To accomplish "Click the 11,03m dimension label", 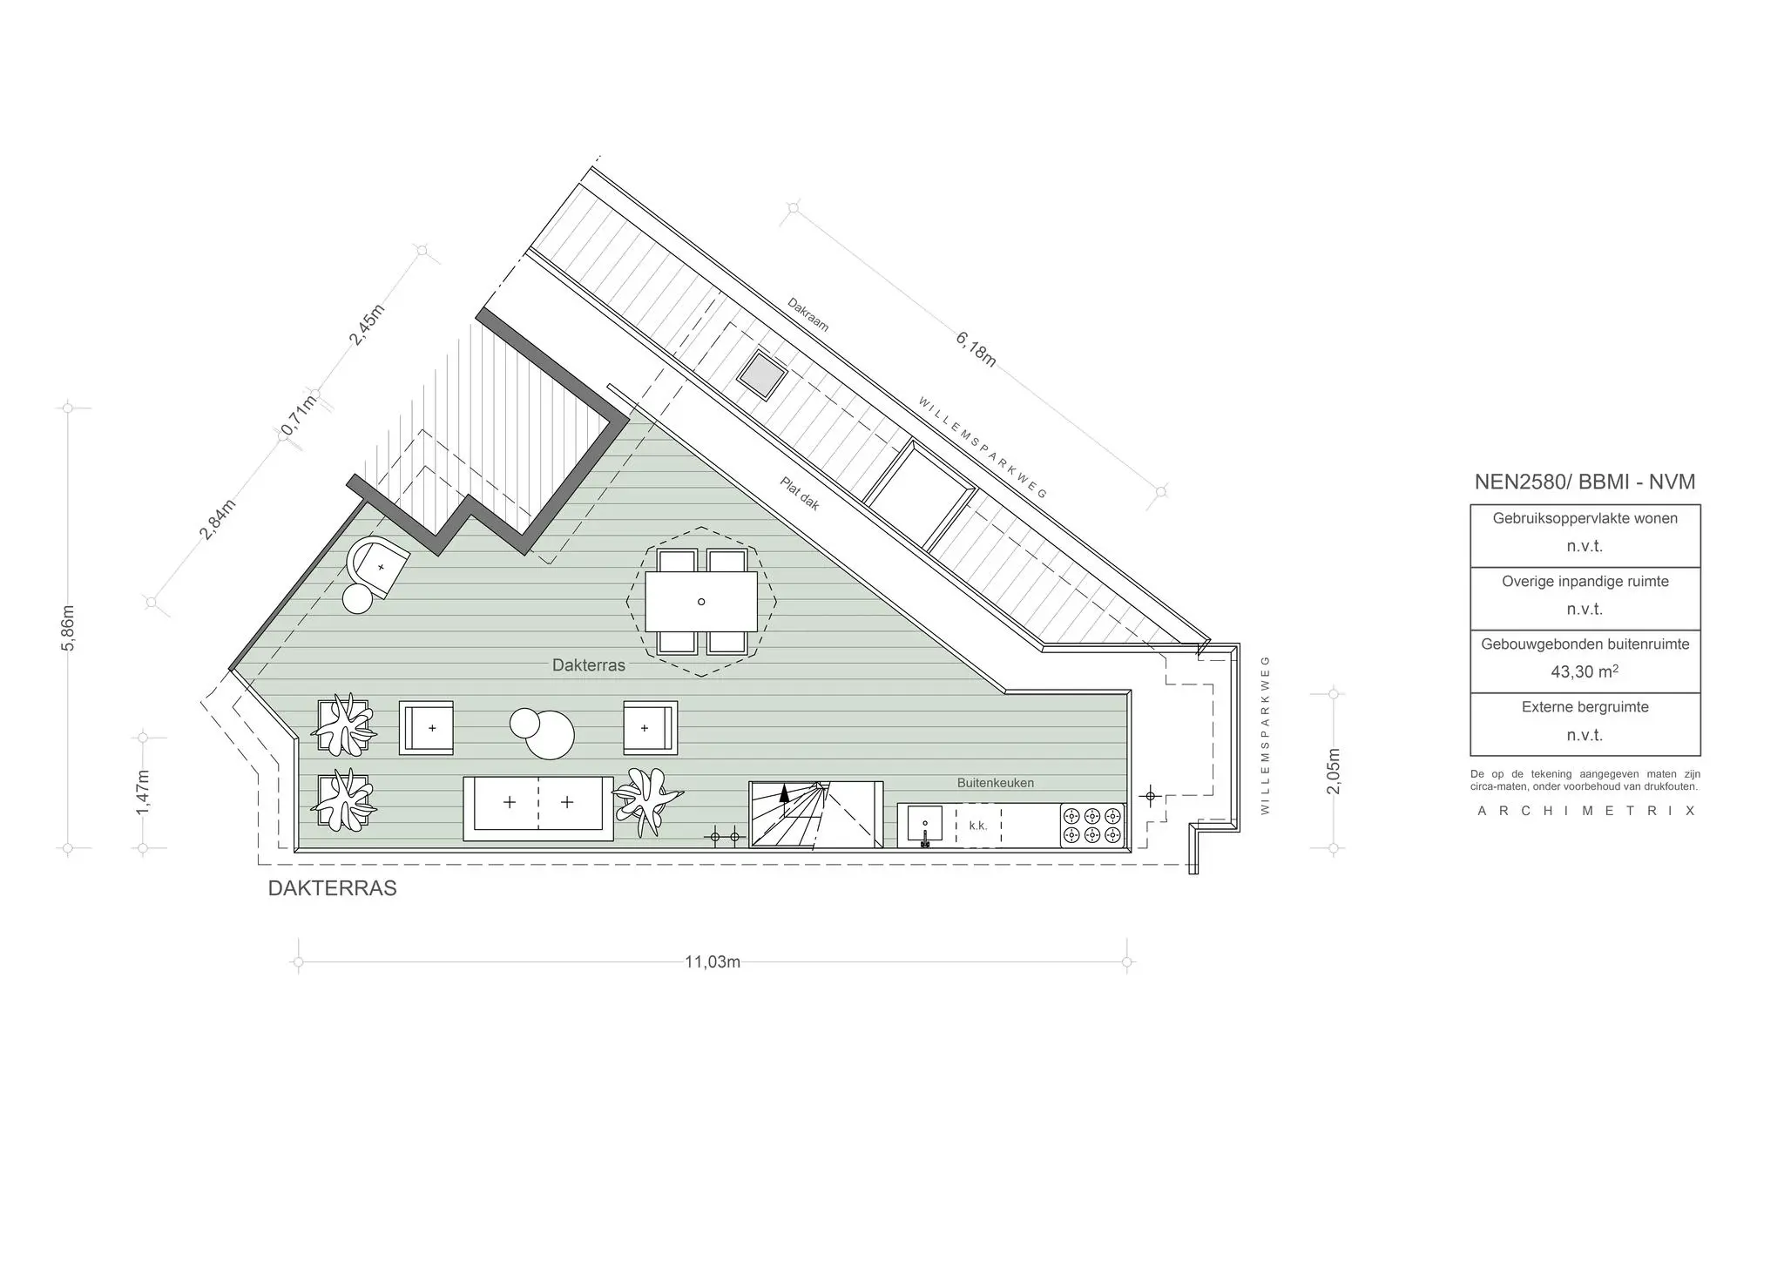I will [712, 962].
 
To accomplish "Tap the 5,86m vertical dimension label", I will [69, 627].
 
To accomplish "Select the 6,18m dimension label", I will [976, 348].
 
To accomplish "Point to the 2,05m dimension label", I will [1334, 771].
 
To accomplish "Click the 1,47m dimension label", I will [144, 792].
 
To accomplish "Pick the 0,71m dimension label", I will [298, 416].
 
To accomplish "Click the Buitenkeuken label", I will [995, 783].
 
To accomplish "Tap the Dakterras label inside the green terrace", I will [588, 665].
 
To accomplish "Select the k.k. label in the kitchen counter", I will [977, 826].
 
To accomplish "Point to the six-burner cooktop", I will [1092, 825].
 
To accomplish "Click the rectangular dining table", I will [701, 602].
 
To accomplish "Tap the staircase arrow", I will [785, 794].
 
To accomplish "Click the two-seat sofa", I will [537, 808].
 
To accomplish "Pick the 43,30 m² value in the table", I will [1585, 671].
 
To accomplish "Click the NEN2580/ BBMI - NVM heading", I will [1585, 482].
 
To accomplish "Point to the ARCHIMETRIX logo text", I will [1585, 811].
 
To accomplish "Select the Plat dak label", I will [799, 493].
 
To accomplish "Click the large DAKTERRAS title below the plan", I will [332, 888].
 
